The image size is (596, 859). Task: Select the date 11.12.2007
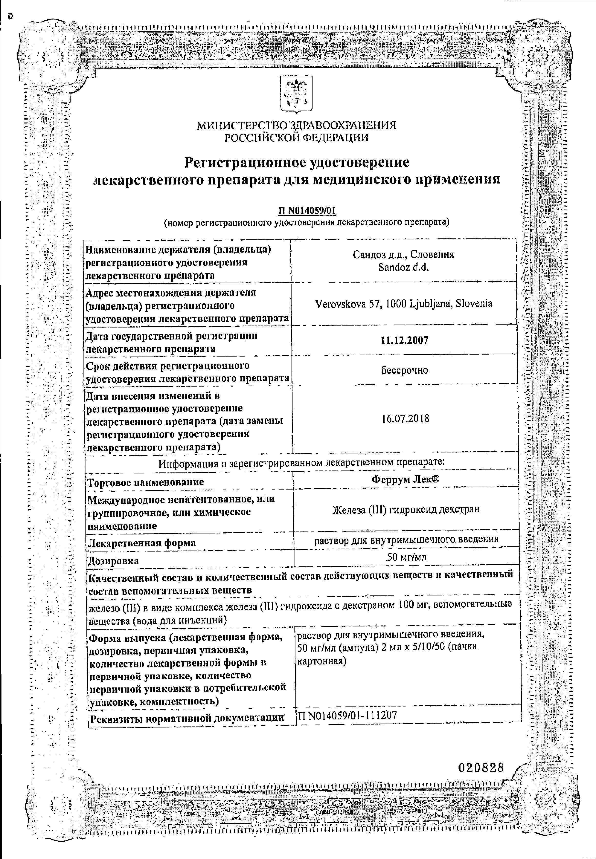click(404, 340)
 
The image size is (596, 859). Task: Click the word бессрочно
click(404, 370)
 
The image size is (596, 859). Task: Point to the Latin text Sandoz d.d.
click(403, 267)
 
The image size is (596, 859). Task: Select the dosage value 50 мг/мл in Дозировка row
click(406, 557)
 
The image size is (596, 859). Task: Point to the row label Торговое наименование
click(146, 482)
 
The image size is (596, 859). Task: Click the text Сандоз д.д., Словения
click(403, 255)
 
